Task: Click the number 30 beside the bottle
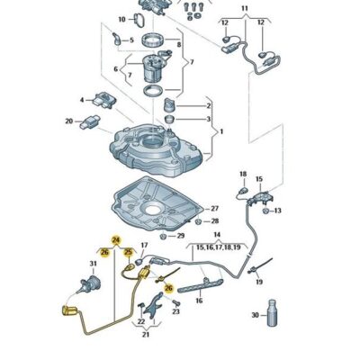pyautogui.click(x=255, y=315)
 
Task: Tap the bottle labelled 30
pyautogui.click(x=272, y=313)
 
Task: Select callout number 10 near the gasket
pyautogui.click(x=122, y=20)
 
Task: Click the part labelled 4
pyautogui.click(x=105, y=99)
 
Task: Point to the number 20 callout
pyautogui.click(x=69, y=121)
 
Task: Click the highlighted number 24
pyautogui.click(x=116, y=240)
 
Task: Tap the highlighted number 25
pyautogui.click(x=128, y=252)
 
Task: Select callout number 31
pyautogui.click(x=94, y=264)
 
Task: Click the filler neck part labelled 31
pyautogui.click(x=90, y=283)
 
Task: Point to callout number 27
pyautogui.click(x=215, y=208)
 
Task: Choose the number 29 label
pyautogui.click(x=180, y=236)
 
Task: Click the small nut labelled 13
pyautogui.click(x=265, y=211)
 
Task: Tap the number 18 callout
pyautogui.click(x=243, y=174)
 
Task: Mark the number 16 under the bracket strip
pyautogui.click(x=199, y=301)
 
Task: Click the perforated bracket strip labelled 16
pyautogui.click(x=201, y=285)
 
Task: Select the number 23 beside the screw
pyautogui.click(x=176, y=311)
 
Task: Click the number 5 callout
pyautogui.click(x=131, y=40)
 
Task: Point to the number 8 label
pyautogui.click(x=179, y=45)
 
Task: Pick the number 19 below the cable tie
pyautogui.click(x=259, y=282)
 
